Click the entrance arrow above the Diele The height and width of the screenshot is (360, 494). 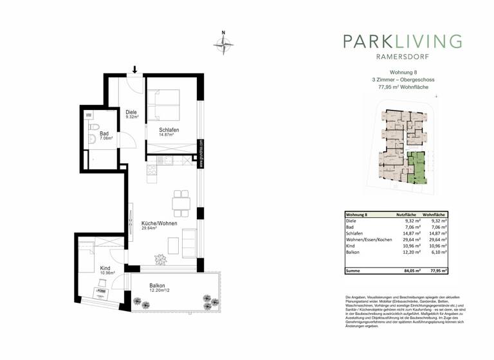(135, 69)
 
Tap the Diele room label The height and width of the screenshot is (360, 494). (131, 114)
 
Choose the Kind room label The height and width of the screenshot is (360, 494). (105, 269)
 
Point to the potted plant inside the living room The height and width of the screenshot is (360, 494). (160, 258)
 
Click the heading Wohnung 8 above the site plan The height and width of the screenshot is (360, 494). (402, 73)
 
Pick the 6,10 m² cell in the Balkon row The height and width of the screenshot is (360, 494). (439, 254)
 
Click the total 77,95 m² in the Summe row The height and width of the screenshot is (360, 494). (438, 272)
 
